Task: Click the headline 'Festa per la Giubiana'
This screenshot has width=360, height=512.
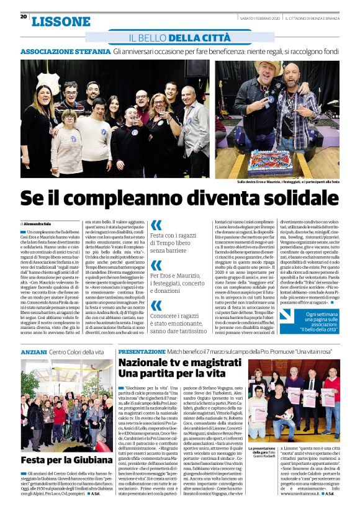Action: pos(66,460)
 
